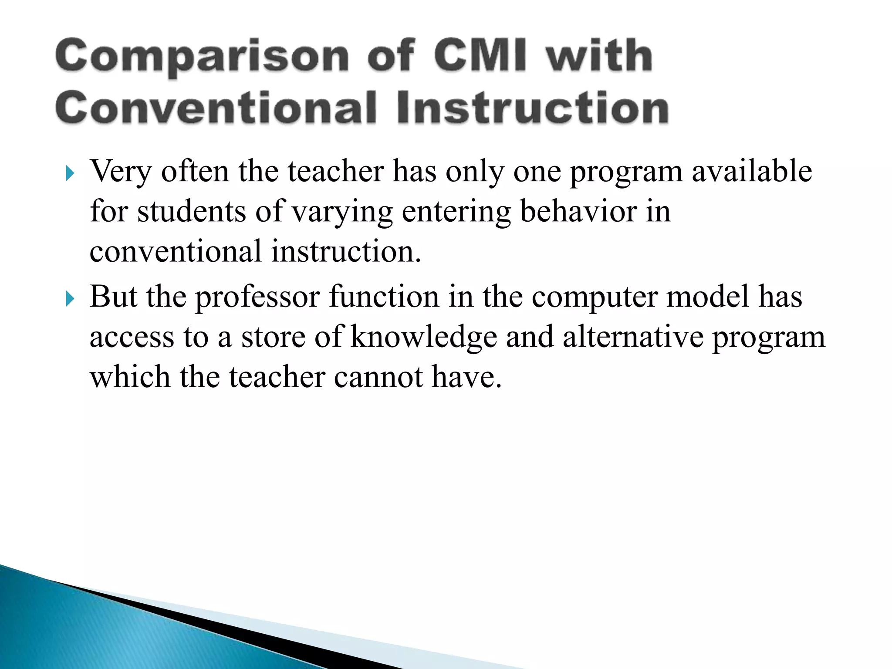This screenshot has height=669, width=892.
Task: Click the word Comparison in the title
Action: tap(202, 57)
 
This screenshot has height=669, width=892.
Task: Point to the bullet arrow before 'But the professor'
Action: tap(70, 299)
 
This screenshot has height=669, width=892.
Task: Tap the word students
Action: tap(192, 211)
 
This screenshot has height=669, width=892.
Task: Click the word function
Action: tap(384, 297)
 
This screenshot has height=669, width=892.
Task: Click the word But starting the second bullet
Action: tap(113, 297)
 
